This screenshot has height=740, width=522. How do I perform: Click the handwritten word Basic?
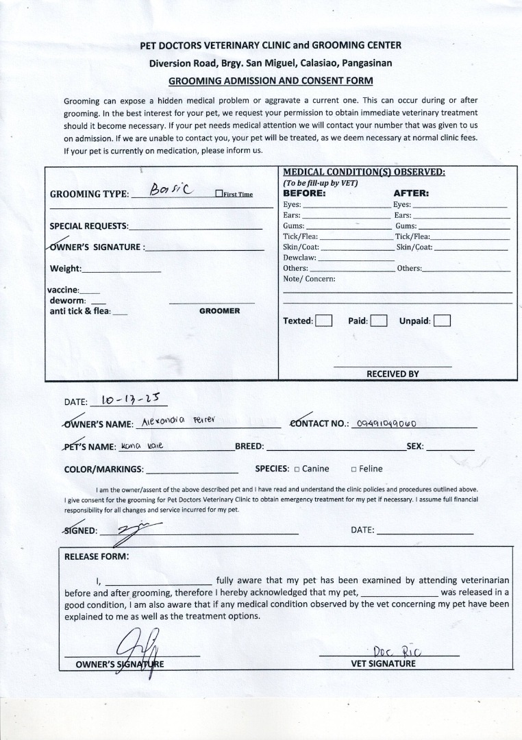(x=172, y=188)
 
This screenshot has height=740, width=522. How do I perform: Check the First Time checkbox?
(x=219, y=194)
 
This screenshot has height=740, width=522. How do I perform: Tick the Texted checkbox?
(x=324, y=321)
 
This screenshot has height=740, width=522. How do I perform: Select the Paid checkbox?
(x=379, y=321)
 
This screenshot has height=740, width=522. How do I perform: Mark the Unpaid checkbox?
(x=442, y=321)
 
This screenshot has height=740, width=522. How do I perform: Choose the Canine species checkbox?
(x=297, y=469)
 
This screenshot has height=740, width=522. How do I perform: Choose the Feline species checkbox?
(x=353, y=469)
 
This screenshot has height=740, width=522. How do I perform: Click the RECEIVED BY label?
(x=393, y=374)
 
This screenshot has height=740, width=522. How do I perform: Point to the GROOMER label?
(x=219, y=311)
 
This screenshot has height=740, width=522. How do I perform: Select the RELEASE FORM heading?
(x=96, y=556)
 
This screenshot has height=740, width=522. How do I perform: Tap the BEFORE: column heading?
(x=305, y=193)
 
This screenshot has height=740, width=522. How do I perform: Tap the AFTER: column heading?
(x=411, y=193)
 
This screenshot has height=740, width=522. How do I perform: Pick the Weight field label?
(x=66, y=269)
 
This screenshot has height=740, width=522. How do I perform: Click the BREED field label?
(x=249, y=446)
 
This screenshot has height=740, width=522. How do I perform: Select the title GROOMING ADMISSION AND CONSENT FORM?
(x=271, y=80)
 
